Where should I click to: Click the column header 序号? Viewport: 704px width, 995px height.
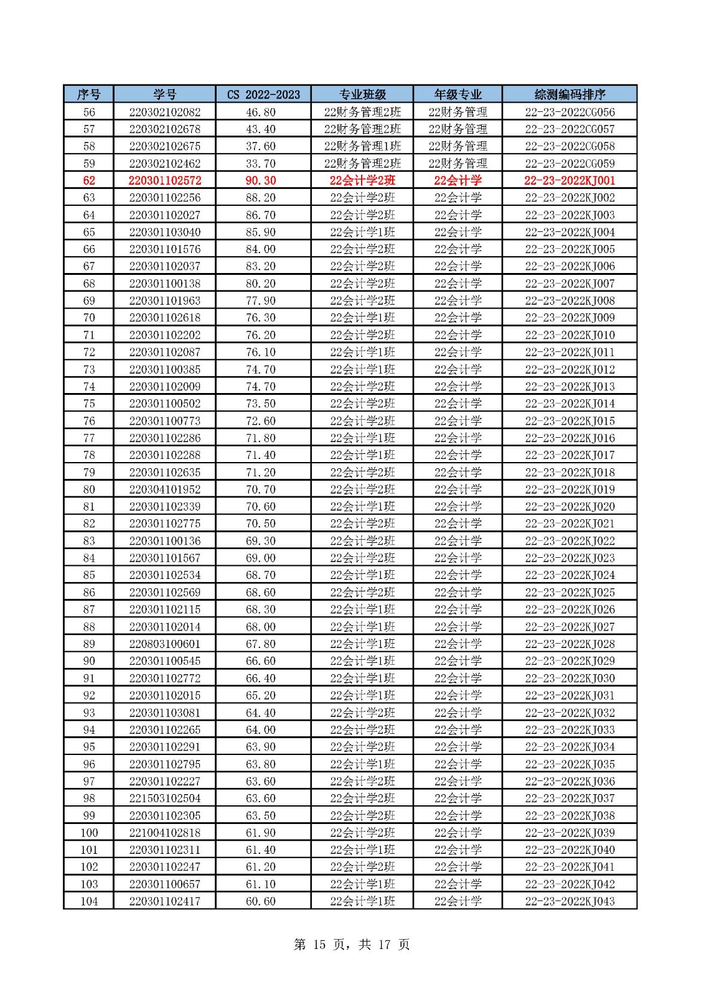tap(88, 95)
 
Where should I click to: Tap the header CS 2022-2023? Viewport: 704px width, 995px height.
tap(263, 95)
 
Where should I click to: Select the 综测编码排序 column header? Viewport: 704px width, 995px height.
tap(570, 95)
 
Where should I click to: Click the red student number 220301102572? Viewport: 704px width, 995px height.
tap(164, 180)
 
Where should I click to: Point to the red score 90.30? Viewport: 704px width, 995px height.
tap(261, 180)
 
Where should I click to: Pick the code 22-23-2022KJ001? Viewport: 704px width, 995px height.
tap(570, 180)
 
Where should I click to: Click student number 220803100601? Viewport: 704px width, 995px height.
tap(164, 644)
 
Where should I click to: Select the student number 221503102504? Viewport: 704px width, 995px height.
tap(164, 798)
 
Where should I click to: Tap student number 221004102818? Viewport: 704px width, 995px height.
tap(164, 832)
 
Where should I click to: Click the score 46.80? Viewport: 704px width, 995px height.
tap(261, 112)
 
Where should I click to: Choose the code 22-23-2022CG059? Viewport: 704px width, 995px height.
tap(570, 164)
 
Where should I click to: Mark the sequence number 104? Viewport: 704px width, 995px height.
tap(89, 901)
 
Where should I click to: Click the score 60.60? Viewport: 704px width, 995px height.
tap(261, 901)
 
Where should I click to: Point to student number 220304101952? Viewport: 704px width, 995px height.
tap(164, 489)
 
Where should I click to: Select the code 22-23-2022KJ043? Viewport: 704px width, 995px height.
tap(570, 901)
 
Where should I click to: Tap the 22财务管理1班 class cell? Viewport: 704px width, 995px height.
tap(362, 146)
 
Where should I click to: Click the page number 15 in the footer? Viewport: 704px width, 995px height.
tap(319, 945)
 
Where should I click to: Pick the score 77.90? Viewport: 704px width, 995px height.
tap(261, 300)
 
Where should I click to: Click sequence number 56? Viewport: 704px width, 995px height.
tap(89, 112)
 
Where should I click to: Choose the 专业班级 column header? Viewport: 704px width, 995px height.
tap(362, 95)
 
